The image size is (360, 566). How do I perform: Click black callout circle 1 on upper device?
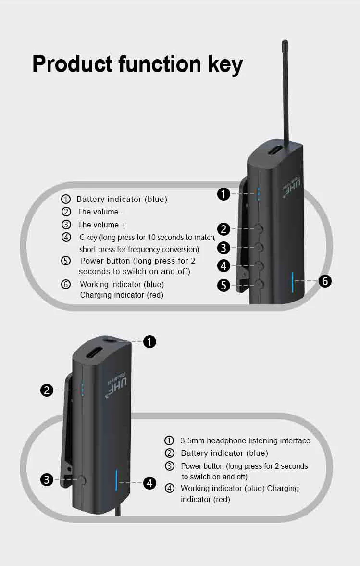(x=223, y=194)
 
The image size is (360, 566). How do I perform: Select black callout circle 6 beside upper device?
(x=325, y=281)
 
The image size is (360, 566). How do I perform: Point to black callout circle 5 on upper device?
(x=223, y=285)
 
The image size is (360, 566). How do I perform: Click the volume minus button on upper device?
(x=259, y=228)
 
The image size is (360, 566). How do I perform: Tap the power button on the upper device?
(x=259, y=284)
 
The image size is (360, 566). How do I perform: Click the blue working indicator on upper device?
(x=293, y=282)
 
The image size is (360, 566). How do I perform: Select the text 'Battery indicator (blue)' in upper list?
(x=122, y=199)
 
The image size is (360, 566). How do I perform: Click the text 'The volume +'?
(x=102, y=225)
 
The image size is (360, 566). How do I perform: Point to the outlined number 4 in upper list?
(x=66, y=237)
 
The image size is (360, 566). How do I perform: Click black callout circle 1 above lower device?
(x=149, y=341)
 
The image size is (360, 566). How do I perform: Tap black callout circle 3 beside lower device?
(x=47, y=480)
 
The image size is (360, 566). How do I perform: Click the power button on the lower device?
(x=82, y=480)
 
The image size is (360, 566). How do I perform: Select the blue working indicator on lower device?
(x=116, y=480)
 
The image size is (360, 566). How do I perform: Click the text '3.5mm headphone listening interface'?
(x=245, y=441)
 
